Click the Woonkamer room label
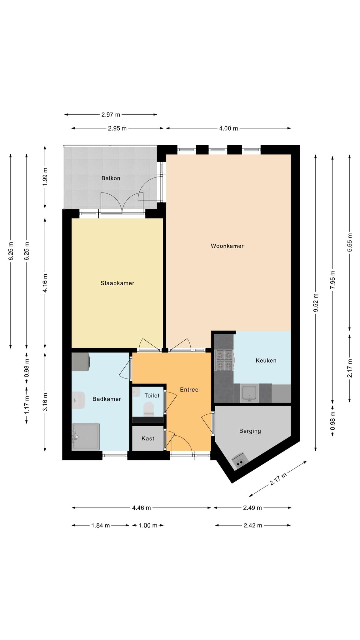tap(227, 246)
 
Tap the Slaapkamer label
tap(117, 283)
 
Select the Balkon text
tap(111, 178)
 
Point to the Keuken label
tap(266, 361)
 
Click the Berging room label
tap(250, 431)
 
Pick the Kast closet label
tap(148, 439)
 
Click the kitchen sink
tap(249, 393)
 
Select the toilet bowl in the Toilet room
tap(149, 409)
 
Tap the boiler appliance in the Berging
tap(240, 460)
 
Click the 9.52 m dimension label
tap(316, 302)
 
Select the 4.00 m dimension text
tap(228, 128)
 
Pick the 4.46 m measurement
tap(141, 508)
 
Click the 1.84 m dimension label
tap(101, 525)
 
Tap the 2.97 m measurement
tap(111, 115)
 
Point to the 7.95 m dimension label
tap(332, 280)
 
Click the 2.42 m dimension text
tap(253, 525)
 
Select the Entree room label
tap(189, 390)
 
